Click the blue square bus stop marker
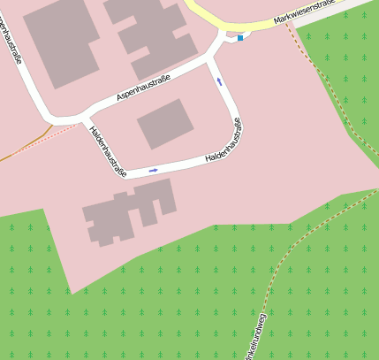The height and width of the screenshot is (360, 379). coord(239,38)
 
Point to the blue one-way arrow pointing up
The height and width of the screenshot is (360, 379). coord(220,82)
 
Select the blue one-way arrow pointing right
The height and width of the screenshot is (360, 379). coord(153,170)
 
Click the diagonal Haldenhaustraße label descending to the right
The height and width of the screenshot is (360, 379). coord(108,150)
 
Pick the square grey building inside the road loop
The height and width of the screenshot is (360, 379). coord(165,123)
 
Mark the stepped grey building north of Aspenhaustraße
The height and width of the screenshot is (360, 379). coord(150,35)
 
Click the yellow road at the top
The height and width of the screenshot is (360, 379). coord(221,18)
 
